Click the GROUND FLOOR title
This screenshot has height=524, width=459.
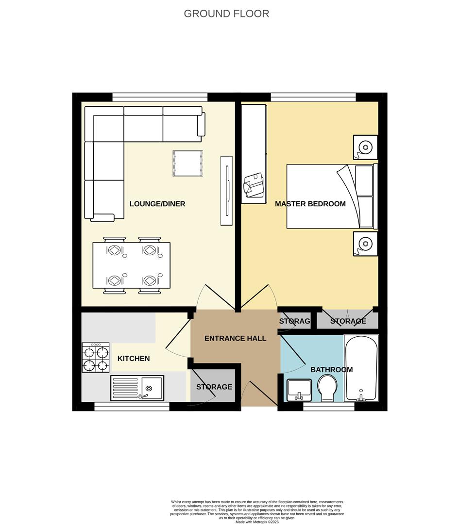(x=226, y=14)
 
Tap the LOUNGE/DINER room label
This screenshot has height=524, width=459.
(x=157, y=204)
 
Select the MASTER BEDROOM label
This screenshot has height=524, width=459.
(x=310, y=204)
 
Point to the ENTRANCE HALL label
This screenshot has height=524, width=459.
(x=235, y=338)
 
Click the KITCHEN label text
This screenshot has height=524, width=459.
(x=134, y=359)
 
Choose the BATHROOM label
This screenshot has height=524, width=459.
(x=331, y=370)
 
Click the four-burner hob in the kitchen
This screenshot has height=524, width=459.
(x=95, y=357)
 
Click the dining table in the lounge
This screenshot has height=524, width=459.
(x=132, y=265)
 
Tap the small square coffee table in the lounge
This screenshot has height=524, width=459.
(x=187, y=163)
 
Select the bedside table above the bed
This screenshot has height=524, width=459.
(x=365, y=147)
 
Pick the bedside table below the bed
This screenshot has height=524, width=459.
(x=365, y=243)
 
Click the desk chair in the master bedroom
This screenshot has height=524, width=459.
(x=254, y=185)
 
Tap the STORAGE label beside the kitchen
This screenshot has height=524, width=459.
(x=214, y=387)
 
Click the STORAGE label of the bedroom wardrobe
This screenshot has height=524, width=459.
(x=348, y=321)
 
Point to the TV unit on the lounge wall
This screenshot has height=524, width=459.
(x=226, y=190)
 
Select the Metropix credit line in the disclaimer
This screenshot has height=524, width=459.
(x=258, y=522)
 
